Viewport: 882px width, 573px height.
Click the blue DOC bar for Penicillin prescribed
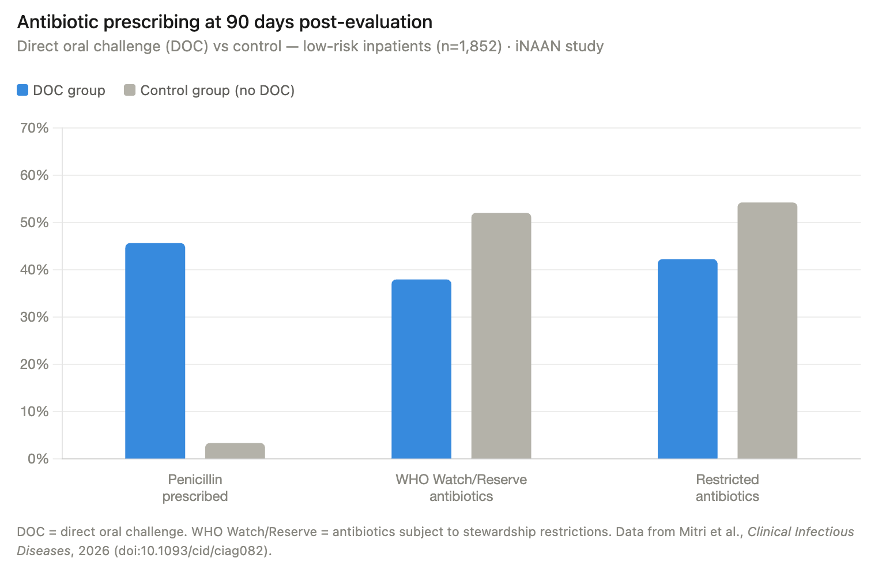tap(155, 351)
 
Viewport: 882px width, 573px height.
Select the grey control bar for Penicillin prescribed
tap(235, 451)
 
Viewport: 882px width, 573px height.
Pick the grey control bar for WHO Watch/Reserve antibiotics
tap(501, 336)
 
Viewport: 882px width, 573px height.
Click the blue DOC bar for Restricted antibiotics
tap(687, 359)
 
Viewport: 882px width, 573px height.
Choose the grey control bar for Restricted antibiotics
tap(767, 331)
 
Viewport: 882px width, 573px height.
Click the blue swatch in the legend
tap(22, 91)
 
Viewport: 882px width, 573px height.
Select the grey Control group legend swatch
tap(130, 91)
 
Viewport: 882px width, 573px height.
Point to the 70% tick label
tap(35, 128)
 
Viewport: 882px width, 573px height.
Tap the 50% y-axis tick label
tap(35, 223)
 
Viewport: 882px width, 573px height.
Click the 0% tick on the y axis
tap(38, 459)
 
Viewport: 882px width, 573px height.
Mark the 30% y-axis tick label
tap(35, 317)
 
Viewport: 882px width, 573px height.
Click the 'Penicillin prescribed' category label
tap(195, 488)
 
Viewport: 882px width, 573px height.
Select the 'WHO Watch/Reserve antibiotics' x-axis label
tap(461, 488)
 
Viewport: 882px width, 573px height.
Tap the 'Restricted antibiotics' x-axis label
tap(727, 488)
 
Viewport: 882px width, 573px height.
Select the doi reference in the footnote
tap(193, 551)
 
